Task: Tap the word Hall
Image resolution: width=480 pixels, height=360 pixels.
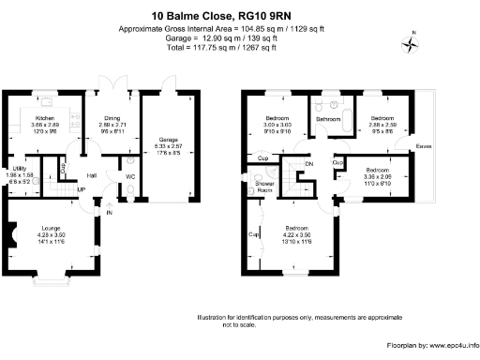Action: click(93, 175)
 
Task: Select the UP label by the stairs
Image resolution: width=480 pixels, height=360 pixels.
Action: click(81, 189)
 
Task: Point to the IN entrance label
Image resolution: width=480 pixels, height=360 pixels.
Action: click(110, 213)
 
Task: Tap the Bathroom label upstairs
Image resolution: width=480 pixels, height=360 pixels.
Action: click(328, 120)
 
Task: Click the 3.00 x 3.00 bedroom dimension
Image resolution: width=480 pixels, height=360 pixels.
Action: click(278, 125)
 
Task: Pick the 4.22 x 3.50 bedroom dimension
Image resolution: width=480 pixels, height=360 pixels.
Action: click(299, 234)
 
